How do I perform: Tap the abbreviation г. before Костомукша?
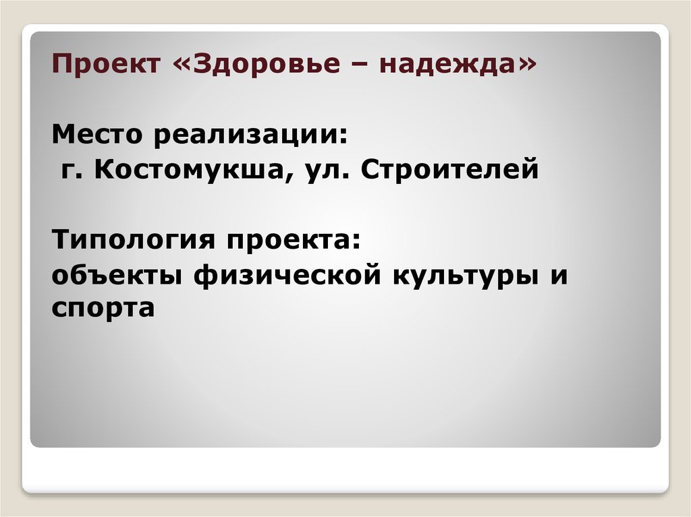coord(72,171)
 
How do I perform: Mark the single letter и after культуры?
coord(557,277)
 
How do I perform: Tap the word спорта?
coord(103,309)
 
